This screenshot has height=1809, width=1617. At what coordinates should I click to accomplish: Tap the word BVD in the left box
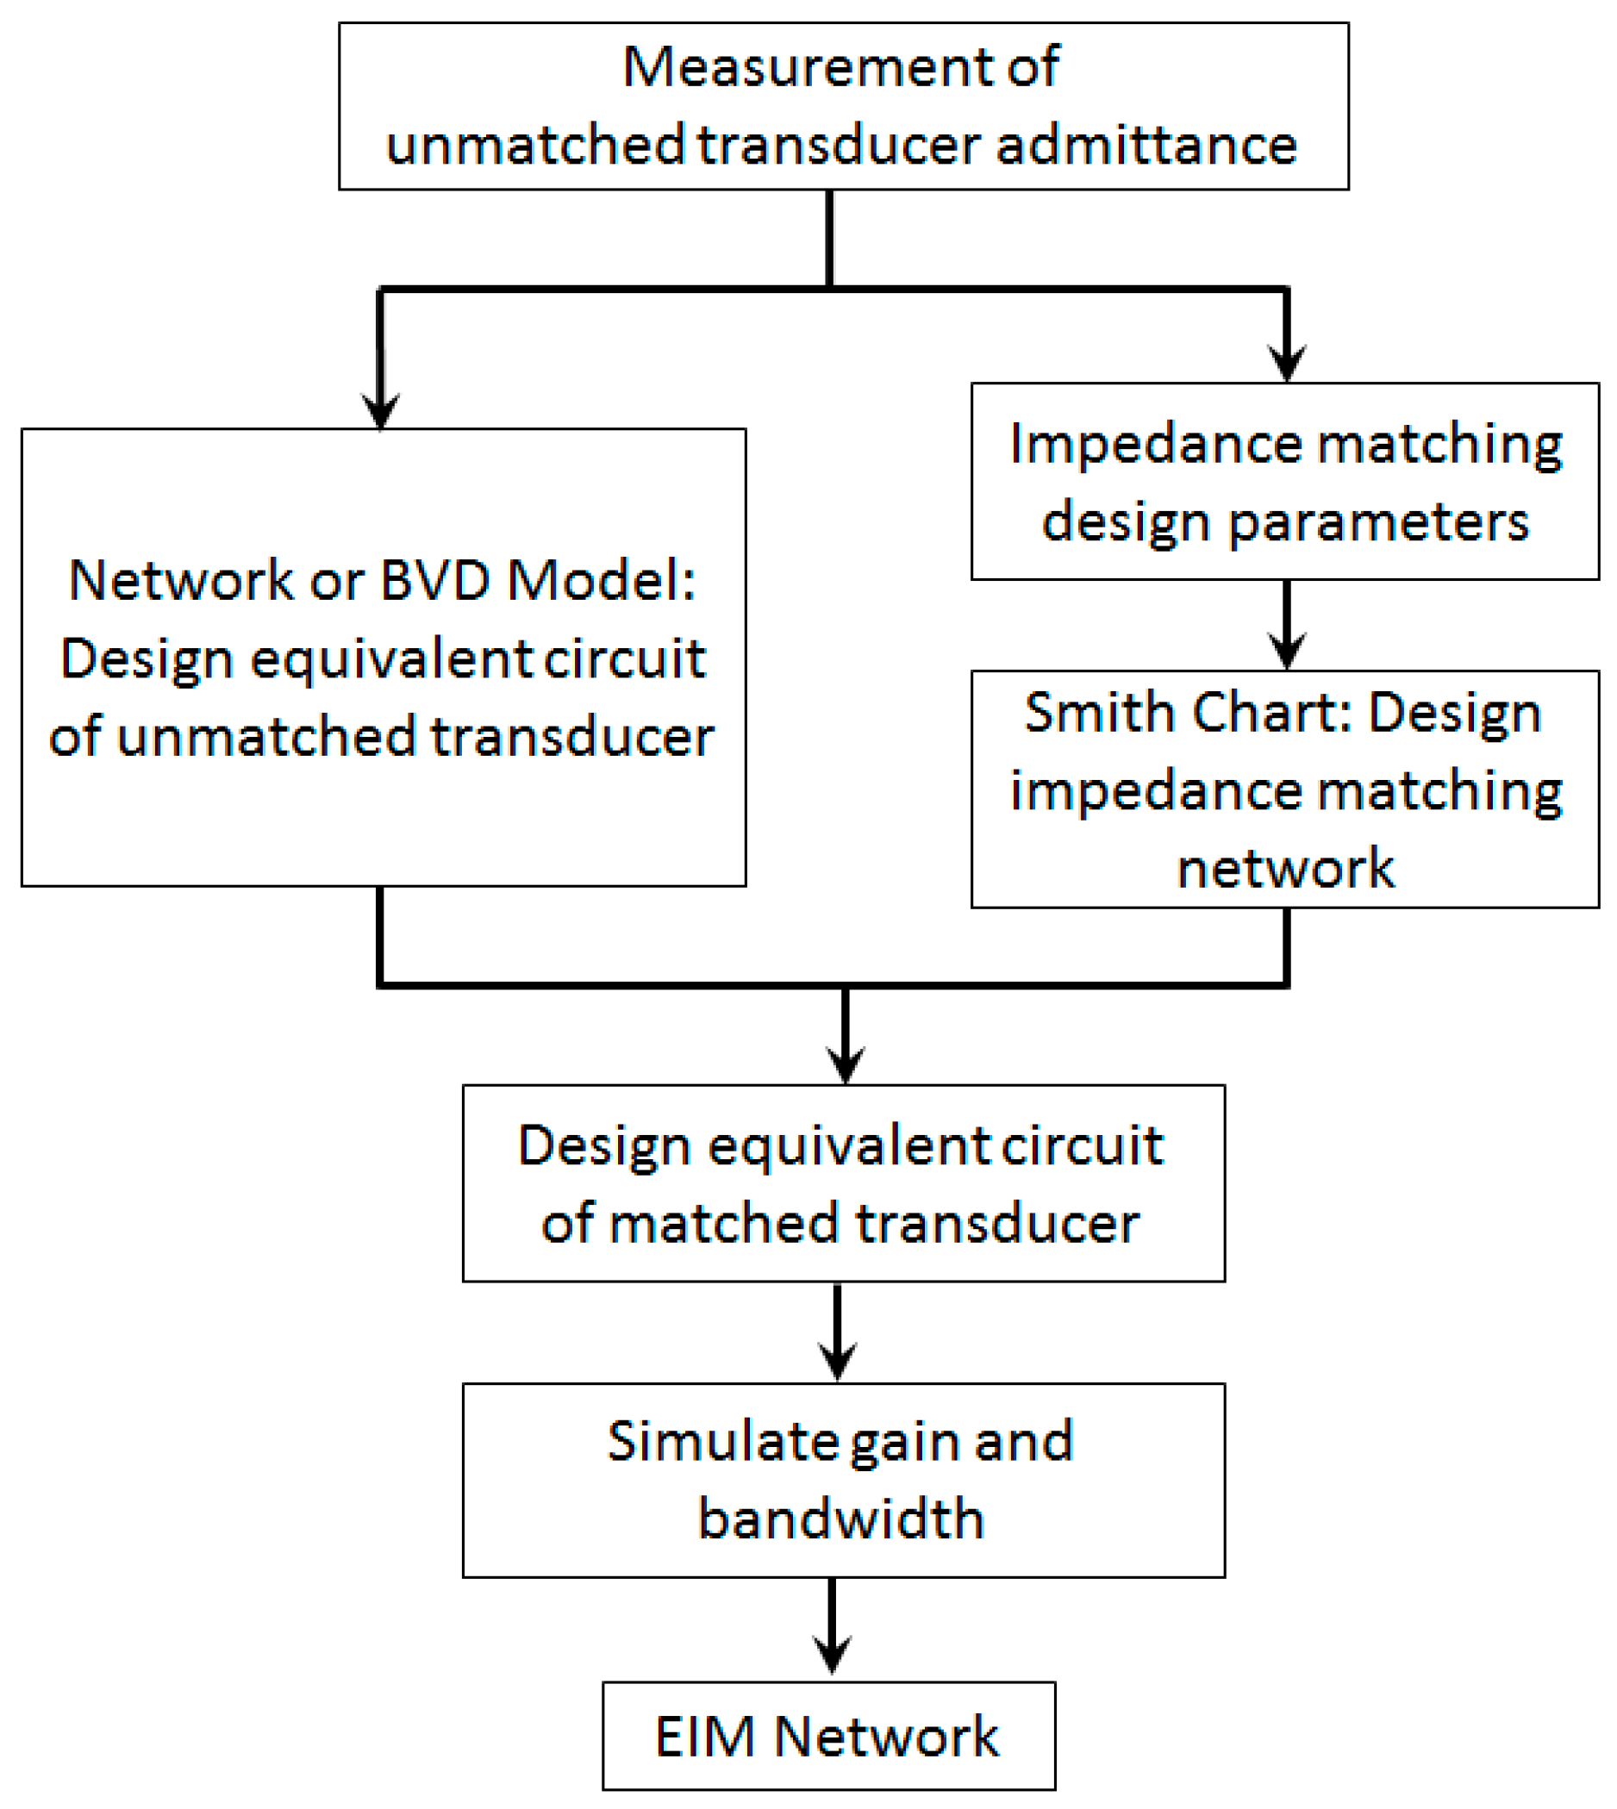(x=435, y=581)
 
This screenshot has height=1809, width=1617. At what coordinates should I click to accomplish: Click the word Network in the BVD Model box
(x=181, y=581)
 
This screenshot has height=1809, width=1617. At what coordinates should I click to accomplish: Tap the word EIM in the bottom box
(x=705, y=1737)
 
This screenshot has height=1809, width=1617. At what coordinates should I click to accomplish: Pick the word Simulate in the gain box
(x=720, y=1441)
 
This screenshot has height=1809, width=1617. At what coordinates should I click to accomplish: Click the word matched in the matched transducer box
(x=726, y=1225)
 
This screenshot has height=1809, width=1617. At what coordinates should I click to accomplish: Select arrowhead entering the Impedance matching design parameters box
(x=1287, y=365)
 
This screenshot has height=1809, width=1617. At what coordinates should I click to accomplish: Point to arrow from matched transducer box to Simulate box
(x=837, y=1332)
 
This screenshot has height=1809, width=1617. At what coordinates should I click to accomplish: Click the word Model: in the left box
(x=601, y=581)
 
